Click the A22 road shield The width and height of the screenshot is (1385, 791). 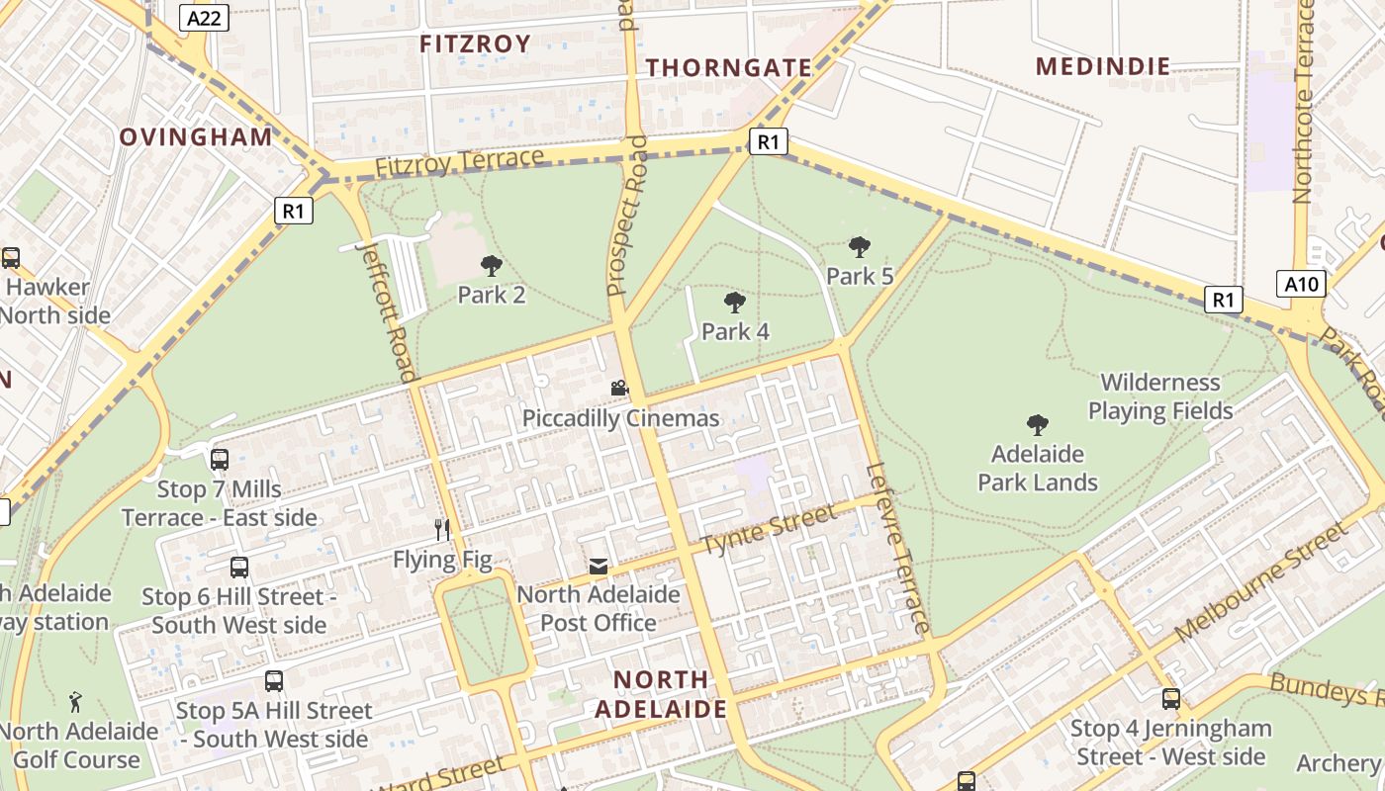pos(205,17)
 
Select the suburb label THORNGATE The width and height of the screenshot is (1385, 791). pos(729,67)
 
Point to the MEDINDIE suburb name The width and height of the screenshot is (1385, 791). pos(1103,66)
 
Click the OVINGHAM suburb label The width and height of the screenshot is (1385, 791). pos(196,137)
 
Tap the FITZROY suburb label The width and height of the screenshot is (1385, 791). pos(475,44)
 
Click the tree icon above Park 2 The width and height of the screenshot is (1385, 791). pos(491,265)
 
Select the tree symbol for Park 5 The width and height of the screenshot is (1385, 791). pos(859,246)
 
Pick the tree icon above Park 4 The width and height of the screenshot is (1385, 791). pos(734,302)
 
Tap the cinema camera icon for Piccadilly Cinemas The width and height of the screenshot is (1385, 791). pos(619,389)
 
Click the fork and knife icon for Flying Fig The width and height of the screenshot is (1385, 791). pos(442,530)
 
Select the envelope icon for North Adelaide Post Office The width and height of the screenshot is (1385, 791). pos(599,566)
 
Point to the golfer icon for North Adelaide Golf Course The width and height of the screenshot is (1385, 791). pos(76,702)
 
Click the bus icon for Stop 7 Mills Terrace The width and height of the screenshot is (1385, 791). pos(220,460)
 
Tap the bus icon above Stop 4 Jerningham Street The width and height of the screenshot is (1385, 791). pos(1171,699)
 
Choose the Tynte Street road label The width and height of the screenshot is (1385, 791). pos(769,531)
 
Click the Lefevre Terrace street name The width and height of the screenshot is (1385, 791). pos(897,548)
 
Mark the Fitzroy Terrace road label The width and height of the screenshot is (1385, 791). pos(459,163)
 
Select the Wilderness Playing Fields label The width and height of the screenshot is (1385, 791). pos(1160,396)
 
